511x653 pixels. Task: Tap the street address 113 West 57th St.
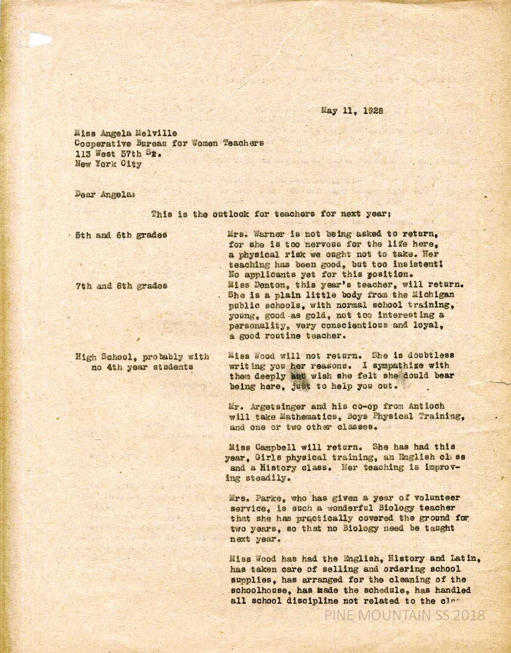[x=118, y=154]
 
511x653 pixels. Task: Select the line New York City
[x=108, y=164]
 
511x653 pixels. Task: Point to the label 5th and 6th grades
[x=121, y=235]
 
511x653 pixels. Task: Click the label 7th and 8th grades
[x=121, y=286]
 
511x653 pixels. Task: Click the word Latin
[x=461, y=558]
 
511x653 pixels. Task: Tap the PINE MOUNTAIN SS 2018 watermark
[x=405, y=615]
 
